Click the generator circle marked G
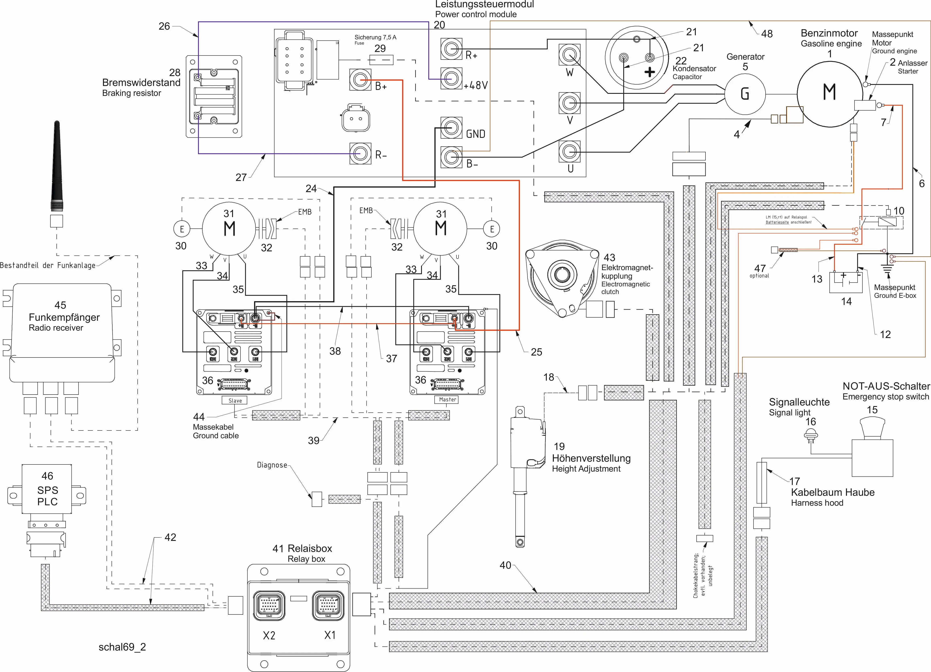tap(745, 94)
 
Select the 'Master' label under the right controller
tap(447, 399)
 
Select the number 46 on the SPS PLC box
tap(47, 476)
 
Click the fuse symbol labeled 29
tap(381, 60)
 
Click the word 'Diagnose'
tap(272, 465)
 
